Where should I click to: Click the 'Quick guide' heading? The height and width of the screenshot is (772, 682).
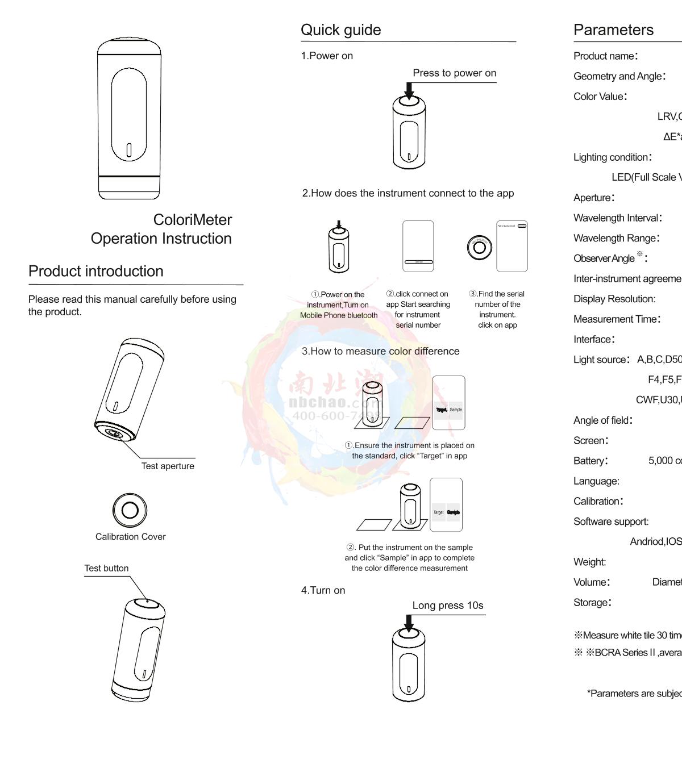pos(340,30)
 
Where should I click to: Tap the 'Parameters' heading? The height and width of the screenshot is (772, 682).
pos(613,30)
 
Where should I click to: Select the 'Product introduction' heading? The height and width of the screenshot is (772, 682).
pos(95,272)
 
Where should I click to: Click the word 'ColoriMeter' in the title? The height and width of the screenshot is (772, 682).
pos(192,220)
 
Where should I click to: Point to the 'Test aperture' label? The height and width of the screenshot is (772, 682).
pos(168,466)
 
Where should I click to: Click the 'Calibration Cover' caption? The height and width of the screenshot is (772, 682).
pos(130,537)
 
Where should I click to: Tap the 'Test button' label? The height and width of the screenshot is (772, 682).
pos(106,568)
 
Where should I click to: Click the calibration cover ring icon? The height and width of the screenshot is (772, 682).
pos(130,510)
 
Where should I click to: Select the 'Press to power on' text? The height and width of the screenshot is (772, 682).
pos(454,73)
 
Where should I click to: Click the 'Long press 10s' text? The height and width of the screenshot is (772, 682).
pos(448,606)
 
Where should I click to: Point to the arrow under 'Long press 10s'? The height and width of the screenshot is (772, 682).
pos(409,623)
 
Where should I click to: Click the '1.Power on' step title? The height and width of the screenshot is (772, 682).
pos(327,56)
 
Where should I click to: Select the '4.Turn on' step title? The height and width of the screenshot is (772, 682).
pos(323,590)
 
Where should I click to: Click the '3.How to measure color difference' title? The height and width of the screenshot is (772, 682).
pos(380,351)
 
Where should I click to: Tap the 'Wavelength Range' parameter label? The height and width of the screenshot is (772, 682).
pos(616,238)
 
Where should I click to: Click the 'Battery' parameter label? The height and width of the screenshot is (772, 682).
pos(590,461)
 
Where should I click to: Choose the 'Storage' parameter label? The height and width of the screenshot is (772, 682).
pos(592,603)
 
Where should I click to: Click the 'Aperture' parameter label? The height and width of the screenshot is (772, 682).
pos(593,198)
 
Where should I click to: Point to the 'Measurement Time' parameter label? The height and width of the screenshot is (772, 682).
pos(616,319)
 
